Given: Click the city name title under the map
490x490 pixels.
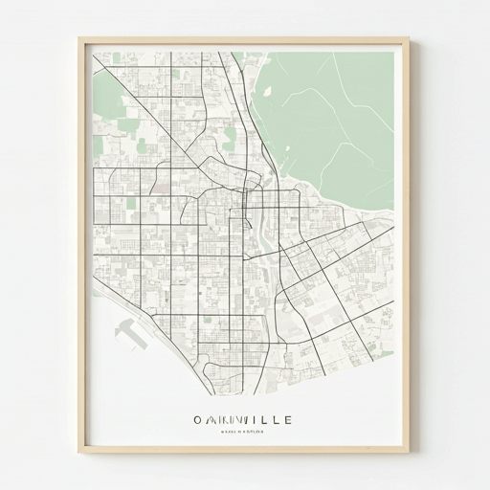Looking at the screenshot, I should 243,419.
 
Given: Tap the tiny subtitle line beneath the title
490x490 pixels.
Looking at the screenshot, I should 243,433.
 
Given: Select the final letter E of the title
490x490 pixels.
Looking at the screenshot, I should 289,419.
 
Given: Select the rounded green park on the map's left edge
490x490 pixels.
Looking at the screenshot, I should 107,96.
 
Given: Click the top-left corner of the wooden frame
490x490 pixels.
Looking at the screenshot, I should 81,40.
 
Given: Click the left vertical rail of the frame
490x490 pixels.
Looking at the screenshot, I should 82,249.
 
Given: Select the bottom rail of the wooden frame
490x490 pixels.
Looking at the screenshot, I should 244,458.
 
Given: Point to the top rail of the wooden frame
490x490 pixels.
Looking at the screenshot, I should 244,41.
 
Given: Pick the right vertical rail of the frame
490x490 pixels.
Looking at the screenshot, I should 406,249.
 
